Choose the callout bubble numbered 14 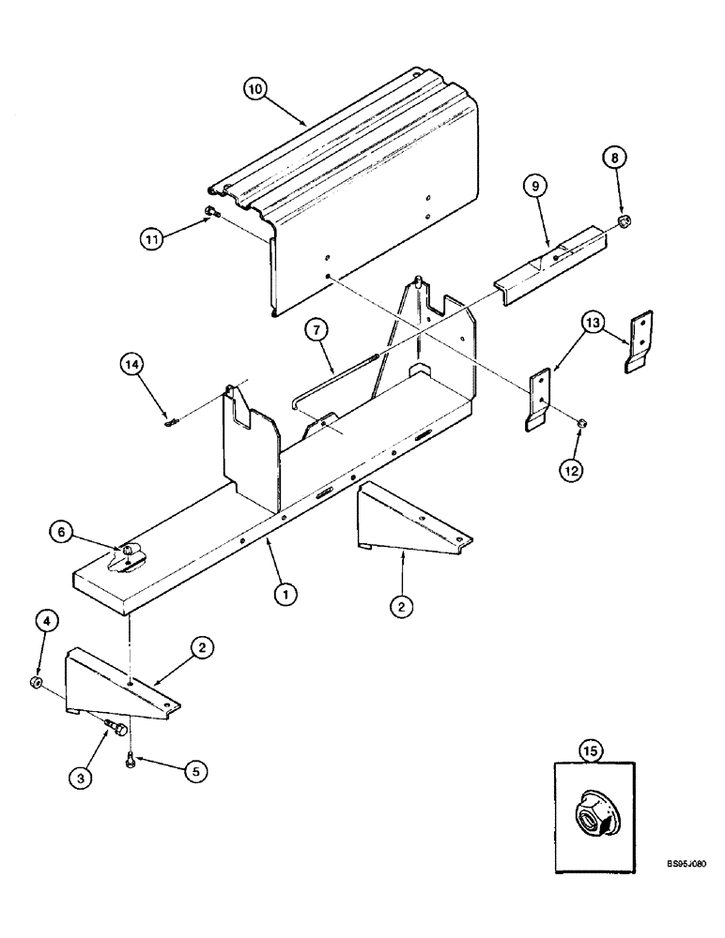pos(132,364)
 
